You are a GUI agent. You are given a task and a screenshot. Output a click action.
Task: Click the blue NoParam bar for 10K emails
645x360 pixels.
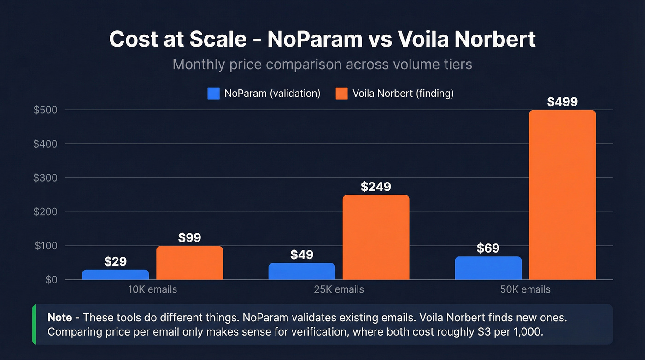pos(115,275)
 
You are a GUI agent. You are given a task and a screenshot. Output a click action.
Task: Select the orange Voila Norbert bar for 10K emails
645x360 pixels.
pos(189,263)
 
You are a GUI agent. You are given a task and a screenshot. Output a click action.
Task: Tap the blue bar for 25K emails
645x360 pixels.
pos(302,271)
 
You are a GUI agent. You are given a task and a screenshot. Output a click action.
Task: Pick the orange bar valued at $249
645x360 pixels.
pos(376,237)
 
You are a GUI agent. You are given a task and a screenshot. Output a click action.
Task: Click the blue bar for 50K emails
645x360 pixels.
pos(488,268)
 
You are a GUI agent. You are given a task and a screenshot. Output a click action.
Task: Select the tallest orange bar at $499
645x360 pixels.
pos(562,195)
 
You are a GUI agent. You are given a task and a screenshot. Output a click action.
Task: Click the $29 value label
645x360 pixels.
pos(115,261)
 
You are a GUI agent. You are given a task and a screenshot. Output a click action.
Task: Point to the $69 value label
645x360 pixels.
pos(488,248)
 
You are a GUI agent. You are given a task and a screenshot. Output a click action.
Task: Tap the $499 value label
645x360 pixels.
pos(562,101)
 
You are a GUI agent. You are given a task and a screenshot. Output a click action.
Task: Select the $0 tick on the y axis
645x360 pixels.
pos(51,280)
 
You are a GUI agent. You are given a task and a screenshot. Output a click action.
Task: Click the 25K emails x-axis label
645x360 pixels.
pos(339,290)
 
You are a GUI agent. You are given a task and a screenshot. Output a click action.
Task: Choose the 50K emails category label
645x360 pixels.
pos(525,290)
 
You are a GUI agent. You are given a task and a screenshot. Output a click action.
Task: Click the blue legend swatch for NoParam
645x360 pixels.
pos(213,94)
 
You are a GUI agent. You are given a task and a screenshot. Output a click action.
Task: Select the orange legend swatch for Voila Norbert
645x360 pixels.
pos(341,94)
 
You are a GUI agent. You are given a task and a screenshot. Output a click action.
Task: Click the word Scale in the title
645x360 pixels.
pos(217,40)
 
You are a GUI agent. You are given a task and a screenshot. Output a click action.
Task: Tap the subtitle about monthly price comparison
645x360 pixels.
pos(322,64)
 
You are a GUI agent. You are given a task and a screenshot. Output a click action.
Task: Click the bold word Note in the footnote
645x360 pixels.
pos(59,318)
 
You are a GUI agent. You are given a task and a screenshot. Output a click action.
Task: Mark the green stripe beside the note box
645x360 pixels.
pos(34,325)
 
